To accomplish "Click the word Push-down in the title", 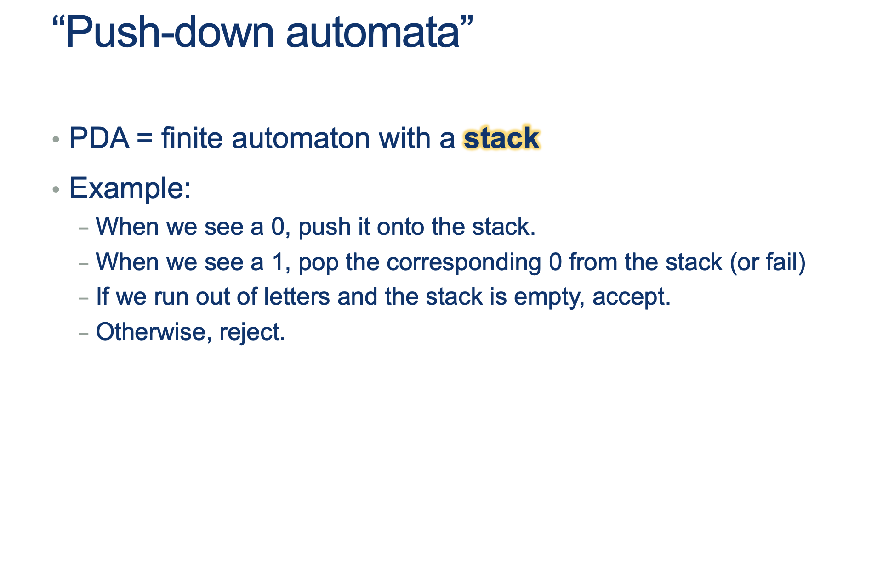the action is point(170,32).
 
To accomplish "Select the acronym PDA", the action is point(99,138).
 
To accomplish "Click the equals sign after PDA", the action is point(144,139).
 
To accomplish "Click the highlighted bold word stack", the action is point(501,138).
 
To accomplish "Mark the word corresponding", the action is point(464,263).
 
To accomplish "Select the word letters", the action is point(297,297).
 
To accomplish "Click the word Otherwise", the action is point(151,332).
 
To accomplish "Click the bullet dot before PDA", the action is point(56,139).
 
